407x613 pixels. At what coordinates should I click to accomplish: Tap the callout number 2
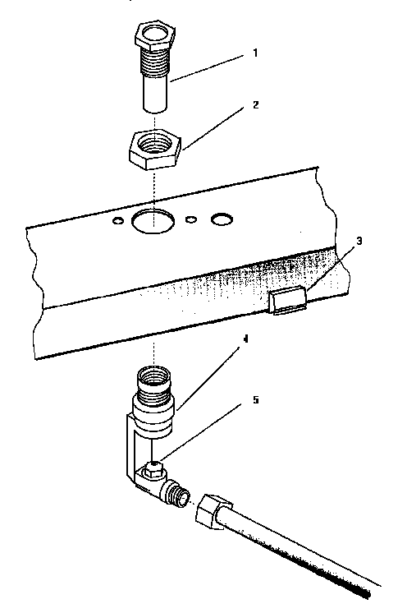click(255, 106)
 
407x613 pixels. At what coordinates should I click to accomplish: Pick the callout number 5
click(255, 400)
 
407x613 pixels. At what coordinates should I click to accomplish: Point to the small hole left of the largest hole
click(120, 220)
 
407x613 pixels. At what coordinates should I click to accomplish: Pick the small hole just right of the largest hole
click(191, 219)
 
